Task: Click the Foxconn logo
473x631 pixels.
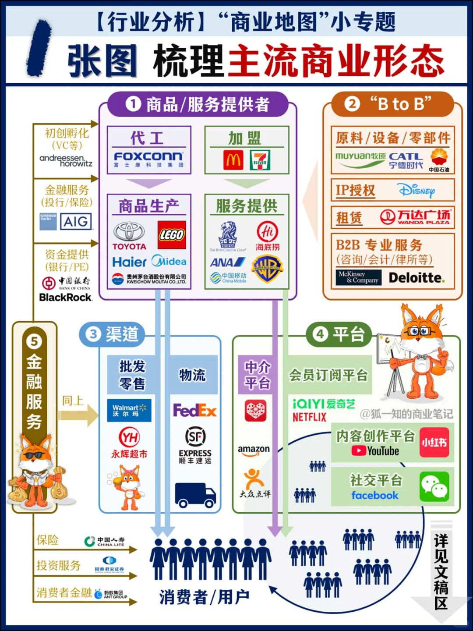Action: coord(148,157)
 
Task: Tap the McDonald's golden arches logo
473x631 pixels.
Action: coord(233,160)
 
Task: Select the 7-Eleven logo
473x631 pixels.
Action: coord(260,160)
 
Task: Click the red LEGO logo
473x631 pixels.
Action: coord(172,235)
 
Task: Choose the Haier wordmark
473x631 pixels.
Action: coord(129,262)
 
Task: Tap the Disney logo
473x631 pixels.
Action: coord(417,191)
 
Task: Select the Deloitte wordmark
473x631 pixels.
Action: coord(417,278)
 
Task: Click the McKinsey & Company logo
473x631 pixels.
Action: coord(358,277)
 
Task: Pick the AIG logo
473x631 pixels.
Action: coord(76,222)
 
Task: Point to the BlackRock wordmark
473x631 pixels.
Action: coord(66,298)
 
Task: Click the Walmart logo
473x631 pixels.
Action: coord(129,410)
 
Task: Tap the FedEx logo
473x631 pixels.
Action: coord(195,411)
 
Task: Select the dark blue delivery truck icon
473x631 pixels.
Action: coord(195,495)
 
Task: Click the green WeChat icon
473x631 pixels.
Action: coord(434,486)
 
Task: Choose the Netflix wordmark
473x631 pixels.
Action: coord(310,417)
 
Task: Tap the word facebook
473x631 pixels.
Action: coord(375,496)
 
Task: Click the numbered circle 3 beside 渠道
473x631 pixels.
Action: coord(93,334)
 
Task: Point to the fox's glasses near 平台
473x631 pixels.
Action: coord(420,332)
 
